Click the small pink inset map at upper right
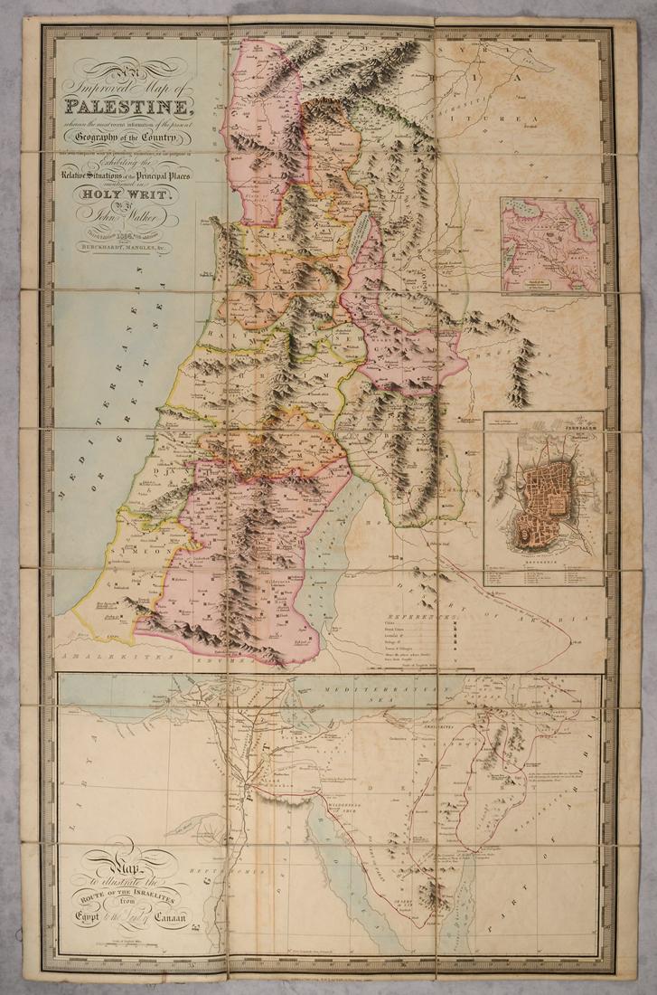(549, 245)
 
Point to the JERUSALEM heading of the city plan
(569, 421)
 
